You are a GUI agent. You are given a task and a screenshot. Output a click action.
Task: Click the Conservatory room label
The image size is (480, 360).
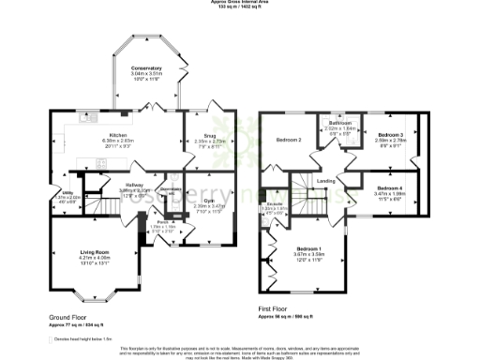[x=147, y=68]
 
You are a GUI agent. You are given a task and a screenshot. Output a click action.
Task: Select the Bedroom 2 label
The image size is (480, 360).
[x=287, y=141]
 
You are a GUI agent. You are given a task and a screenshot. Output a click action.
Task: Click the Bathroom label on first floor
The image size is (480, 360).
[x=339, y=124]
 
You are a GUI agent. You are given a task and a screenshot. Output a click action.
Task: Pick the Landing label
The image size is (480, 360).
[x=326, y=181]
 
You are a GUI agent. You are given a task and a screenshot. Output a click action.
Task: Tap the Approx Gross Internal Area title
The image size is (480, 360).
[x=239, y=3]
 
